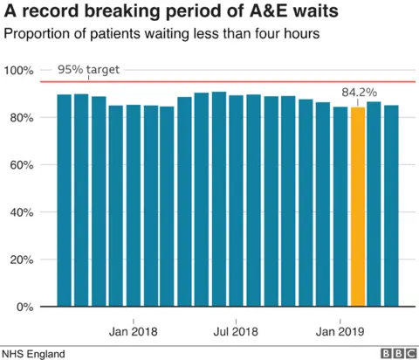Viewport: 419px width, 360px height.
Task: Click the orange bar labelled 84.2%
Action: (357, 207)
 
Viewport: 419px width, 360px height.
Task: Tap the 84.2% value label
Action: (357, 92)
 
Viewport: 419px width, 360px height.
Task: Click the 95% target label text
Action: (88, 70)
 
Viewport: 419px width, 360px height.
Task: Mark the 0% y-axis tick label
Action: (24, 307)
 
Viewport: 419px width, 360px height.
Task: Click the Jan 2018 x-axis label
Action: (133, 331)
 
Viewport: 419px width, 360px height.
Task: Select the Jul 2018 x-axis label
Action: (237, 331)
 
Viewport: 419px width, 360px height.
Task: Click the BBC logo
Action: (396, 352)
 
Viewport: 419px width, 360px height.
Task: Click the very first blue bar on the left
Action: (64, 200)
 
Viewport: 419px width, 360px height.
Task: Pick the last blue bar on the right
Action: (391, 206)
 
